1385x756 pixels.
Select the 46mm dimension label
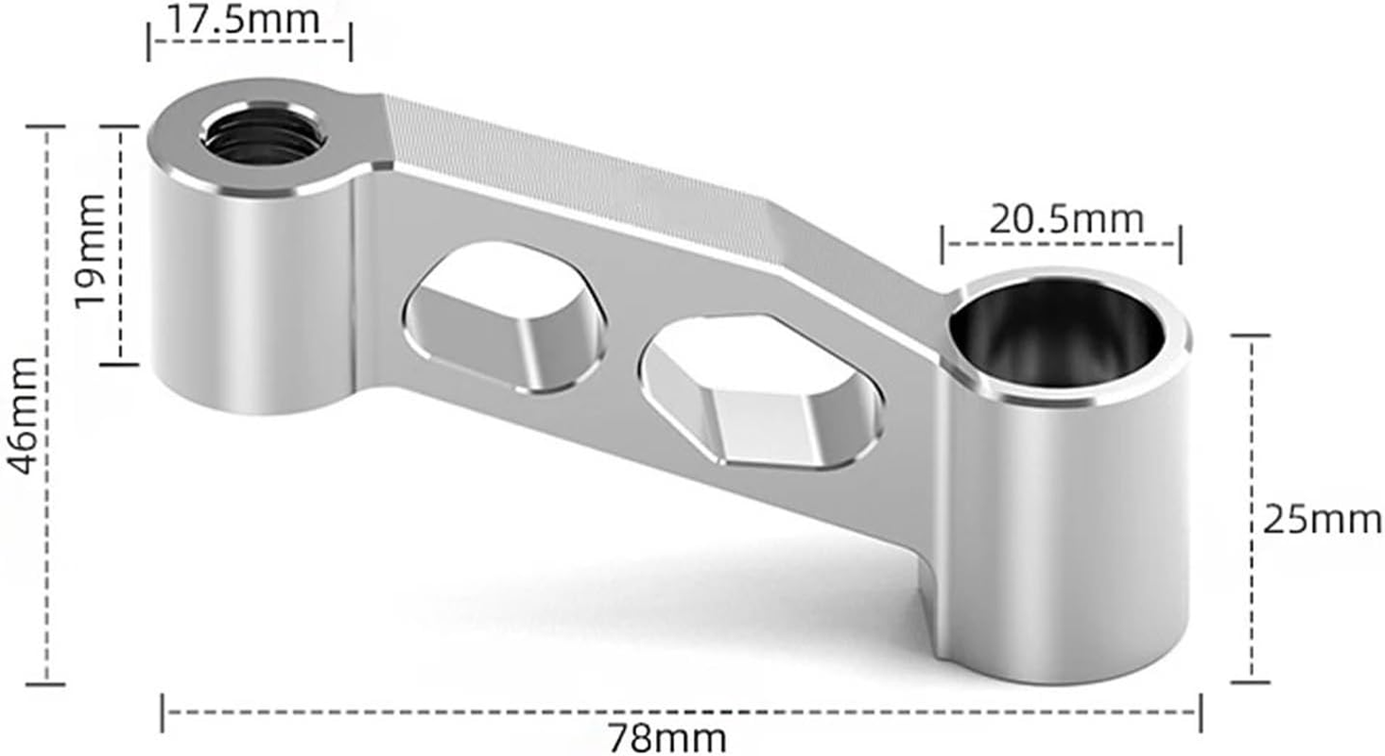pyautogui.click(x=23, y=417)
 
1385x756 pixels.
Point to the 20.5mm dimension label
pyautogui.click(x=1065, y=220)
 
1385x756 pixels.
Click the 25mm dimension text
pyautogui.click(x=1321, y=521)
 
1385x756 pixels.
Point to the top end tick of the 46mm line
pyautogui.click(x=45, y=126)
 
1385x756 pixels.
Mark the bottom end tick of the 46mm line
pyautogui.click(x=45, y=682)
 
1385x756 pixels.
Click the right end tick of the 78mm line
pyautogui.click(x=1201, y=712)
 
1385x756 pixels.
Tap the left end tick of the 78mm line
pyautogui.click(x=163, y=712)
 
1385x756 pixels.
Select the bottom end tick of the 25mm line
pyautogui.click(x=1251, y=679)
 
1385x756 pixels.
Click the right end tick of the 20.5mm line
pyautogui.click(x=1180, y=245)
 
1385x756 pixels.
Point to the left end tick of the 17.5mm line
pyautogui.click(x=148, y=42)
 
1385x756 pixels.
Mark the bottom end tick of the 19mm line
pyautogui.click(x=119, y=362)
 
